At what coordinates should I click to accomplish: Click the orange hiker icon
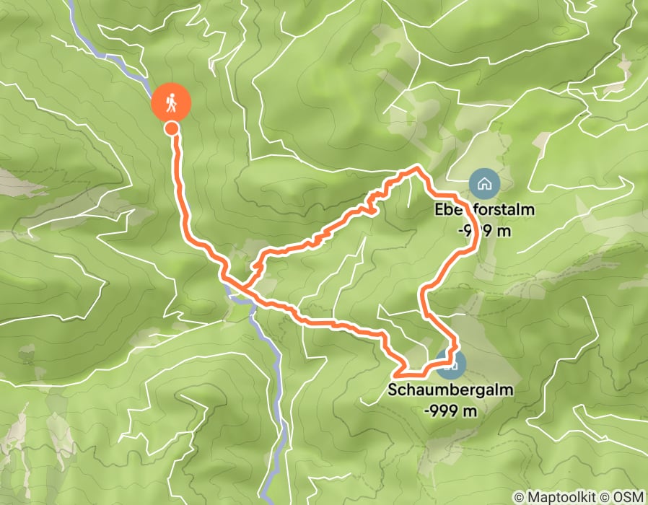(172, 102)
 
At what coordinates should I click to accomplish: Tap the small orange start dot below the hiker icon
(172, 128)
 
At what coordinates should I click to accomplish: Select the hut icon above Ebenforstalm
(483, 183)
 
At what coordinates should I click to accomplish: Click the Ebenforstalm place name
(483, 211)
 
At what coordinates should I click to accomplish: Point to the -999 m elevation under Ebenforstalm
(483, 230)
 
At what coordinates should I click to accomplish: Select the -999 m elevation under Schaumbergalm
(451, 410)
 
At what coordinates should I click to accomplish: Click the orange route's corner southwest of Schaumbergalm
(397, 374)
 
